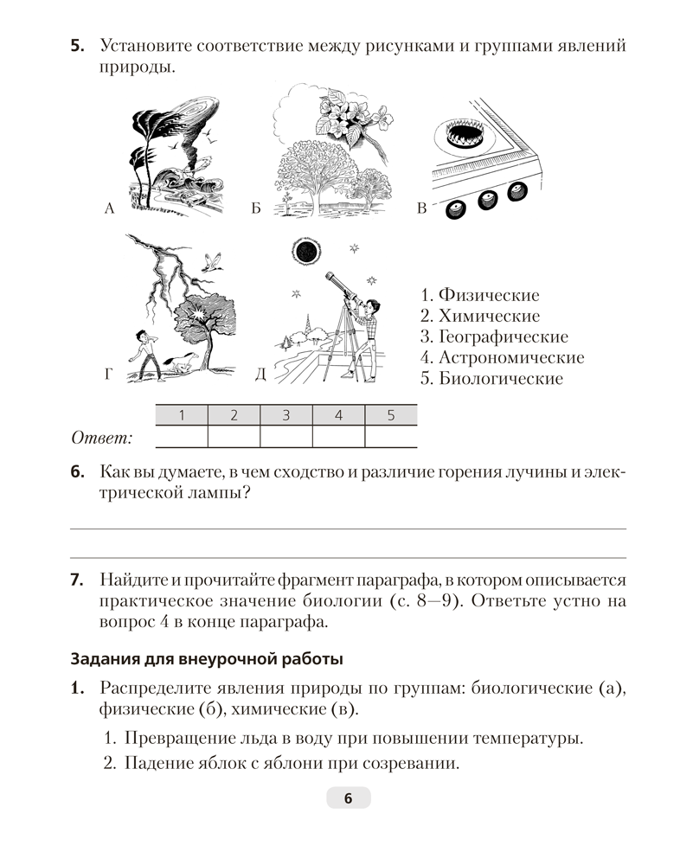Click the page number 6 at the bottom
pos(348,798)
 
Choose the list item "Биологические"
pos(490,378)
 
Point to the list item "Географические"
pos(493,336)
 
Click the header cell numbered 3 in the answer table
pos(285,415)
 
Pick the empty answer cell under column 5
pos(390,436)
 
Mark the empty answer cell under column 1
pos(181,436)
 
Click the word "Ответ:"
pos(101,439)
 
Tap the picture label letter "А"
pos(109,208)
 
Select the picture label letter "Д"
pos(260,374)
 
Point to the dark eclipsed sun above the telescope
pos(305,252)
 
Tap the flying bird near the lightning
pos(214,262)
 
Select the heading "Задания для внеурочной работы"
pos(206,658)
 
